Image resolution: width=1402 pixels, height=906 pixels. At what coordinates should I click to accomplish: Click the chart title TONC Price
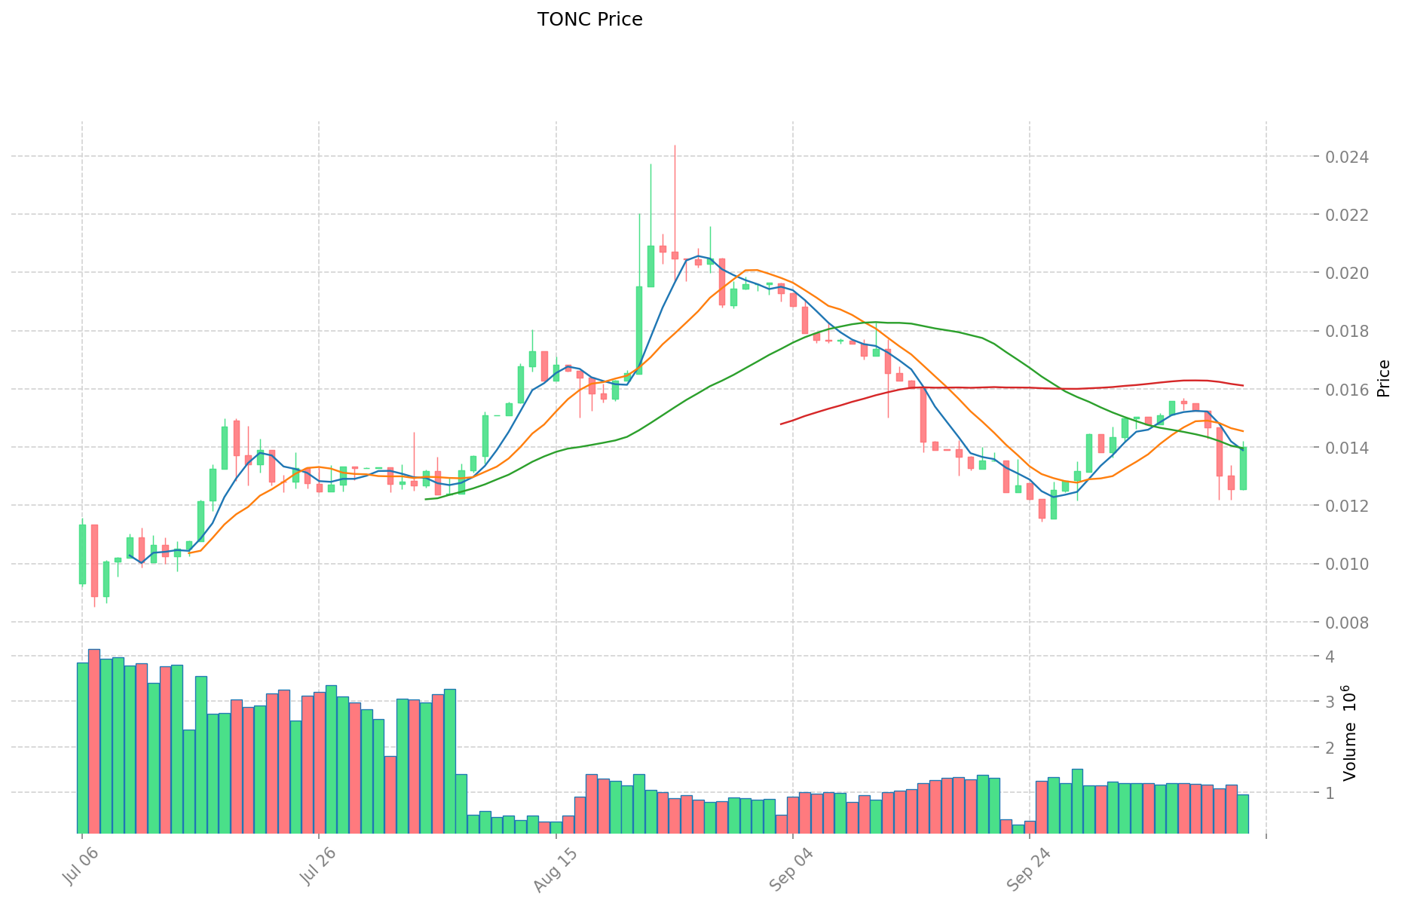point(589,20)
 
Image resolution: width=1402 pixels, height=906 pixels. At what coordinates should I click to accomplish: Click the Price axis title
point(1383,378)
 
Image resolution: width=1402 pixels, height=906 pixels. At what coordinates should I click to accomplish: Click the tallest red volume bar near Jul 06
point(94,741)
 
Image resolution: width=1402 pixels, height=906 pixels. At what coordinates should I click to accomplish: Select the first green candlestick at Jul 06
point(82,554)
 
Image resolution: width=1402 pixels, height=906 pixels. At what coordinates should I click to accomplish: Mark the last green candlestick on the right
point(1243,468)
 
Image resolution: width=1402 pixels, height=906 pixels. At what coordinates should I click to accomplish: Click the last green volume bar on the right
point(1243,814)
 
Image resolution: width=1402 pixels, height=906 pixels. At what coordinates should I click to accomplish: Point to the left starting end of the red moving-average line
point(781,424)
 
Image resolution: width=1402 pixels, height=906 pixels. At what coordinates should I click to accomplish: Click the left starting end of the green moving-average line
point(426,499)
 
